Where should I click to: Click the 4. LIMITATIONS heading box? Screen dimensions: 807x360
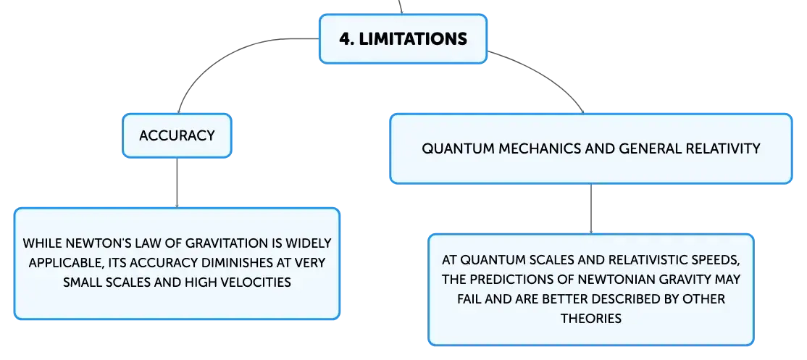click(x=403, y=39)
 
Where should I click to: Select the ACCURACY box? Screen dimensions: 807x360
click(x=177, y=135)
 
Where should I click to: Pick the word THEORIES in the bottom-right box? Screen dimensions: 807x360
click(x=591, y=319)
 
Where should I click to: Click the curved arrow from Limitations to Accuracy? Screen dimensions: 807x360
click(x=216, y=56)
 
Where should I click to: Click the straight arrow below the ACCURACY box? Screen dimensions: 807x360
click(x=177, y=183)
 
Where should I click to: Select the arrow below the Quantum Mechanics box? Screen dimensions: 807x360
click(x=591, y=209)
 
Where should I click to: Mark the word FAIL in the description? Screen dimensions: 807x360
click(x=468, y=299)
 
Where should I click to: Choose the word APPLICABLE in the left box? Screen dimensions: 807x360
click(x=64, y=263)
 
